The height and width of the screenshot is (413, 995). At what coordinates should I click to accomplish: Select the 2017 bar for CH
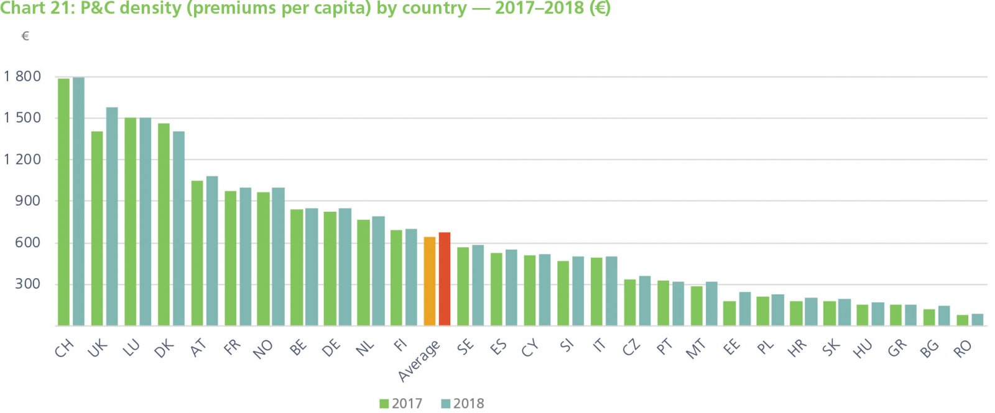[x=63, y=202]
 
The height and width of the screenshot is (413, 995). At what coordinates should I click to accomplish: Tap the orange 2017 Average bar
[x=429, y=281]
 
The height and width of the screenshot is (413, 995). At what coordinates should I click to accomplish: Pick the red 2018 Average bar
[x=445, y=279]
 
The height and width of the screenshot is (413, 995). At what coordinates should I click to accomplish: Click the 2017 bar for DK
[x=164, y=224]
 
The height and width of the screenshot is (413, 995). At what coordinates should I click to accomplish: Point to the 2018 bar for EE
[x=745, y=309]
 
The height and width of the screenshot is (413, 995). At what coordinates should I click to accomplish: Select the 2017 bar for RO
[x=962, y=320]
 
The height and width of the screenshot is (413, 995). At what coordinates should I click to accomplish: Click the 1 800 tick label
[x=22, y=76]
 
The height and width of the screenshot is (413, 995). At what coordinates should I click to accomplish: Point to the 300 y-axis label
[x=28, y=284]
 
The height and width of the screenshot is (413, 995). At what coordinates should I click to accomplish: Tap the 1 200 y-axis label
[x=22, y=159]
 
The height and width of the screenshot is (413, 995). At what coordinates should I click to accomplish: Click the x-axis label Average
[x=419, y=360]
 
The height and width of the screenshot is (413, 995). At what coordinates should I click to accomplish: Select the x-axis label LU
[x=131, y=349]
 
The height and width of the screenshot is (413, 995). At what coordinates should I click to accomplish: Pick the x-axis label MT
[x=696, y=349]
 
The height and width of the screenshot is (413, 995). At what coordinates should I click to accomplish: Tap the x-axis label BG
[x=929, y=350]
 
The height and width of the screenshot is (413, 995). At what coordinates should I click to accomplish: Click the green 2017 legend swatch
[x=384, y=404]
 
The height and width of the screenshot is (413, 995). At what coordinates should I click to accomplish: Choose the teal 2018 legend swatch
[x=445, y=404]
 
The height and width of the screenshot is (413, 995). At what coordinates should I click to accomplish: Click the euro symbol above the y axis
[x=25, y=36]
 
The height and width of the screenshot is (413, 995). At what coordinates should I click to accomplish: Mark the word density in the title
[x=151, y=9]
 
